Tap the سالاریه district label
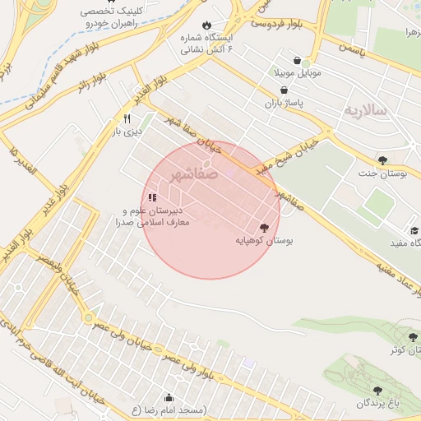(x=364, y=110)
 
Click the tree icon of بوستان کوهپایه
(x=264, y=228)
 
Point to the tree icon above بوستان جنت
(x=382, y=159)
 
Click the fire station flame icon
(x=206, y=25)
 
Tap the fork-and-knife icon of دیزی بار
(x=127, y=118)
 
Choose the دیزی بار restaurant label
(x=127, y=131)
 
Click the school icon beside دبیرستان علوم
(x=152, y=197)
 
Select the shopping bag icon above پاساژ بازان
(x=284, y=90)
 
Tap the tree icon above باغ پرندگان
(x=377, y=391)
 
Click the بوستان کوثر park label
(x=403, y=350)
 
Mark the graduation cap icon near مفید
(x=415, y=231)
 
